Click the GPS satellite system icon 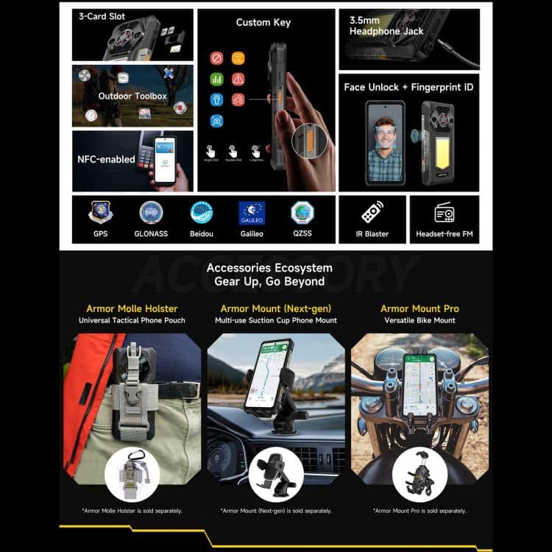click(x=101, y=213)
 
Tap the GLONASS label click(x=151, y=234)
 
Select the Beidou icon click(x=201, y=213)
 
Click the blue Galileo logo click(x=252, y=213)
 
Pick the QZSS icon click(x=302, y=213)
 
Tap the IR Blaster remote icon click(x=372, y=213)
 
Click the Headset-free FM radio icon click(x=444, y=213)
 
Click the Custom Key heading click(x=263, y=22)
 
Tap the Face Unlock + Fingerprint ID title click(x=408, y=87)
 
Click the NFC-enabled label click(x=106, y=159)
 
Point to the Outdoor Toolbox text click(x=132, y=96)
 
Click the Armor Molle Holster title click(x=132, y=308)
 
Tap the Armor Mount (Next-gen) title click(x=275, y=308)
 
